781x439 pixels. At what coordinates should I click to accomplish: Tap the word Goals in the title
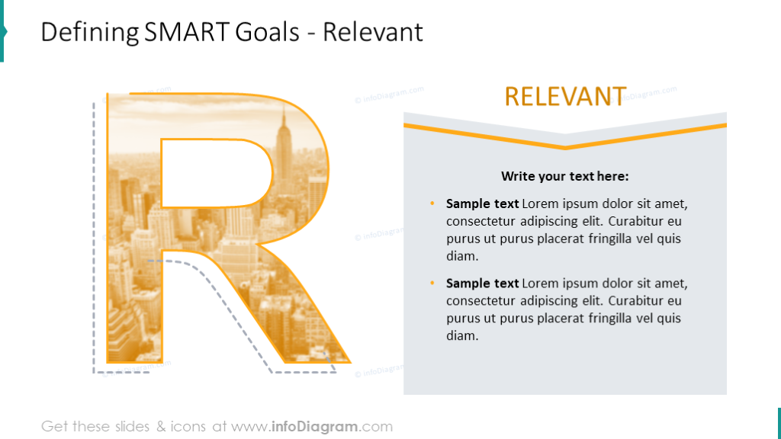coord(267,32)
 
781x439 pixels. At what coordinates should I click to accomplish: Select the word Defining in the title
coord(90,33)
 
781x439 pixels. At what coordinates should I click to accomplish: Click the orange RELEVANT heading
coord(565,96)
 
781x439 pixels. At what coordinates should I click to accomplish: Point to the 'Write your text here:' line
coord(565,176)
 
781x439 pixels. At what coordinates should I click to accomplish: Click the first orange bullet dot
coord(432,203)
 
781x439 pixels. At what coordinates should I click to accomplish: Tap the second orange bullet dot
coord(432,283)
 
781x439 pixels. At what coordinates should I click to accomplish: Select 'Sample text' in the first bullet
coord(482,203)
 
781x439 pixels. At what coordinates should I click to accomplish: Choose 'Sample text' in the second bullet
coord(482,284)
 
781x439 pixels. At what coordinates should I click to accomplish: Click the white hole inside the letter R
coord(216,173)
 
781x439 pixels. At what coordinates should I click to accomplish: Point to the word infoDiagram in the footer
coord(314,427)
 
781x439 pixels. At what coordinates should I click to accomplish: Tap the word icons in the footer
coord(188,427)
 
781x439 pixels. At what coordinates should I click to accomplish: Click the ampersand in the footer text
coord(161,427)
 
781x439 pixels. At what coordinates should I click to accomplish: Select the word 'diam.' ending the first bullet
coord(462,256)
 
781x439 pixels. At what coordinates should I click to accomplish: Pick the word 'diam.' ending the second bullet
coord(462,335)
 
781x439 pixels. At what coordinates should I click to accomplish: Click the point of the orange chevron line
coord(565,147)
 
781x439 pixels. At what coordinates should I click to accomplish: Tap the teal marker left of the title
coord(3,30)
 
